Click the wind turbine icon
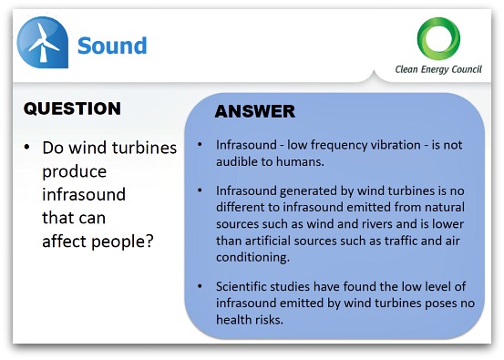point(43,42)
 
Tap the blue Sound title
point(112,46)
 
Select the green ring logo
point(438,38)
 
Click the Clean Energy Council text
point(438,69)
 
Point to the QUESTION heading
point(72,108)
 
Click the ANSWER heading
point(255,111)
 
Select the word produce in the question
point(74,172)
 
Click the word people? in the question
point(123,242)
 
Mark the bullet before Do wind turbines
point(26,148)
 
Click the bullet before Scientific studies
point(200,286)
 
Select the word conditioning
point(253,257)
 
